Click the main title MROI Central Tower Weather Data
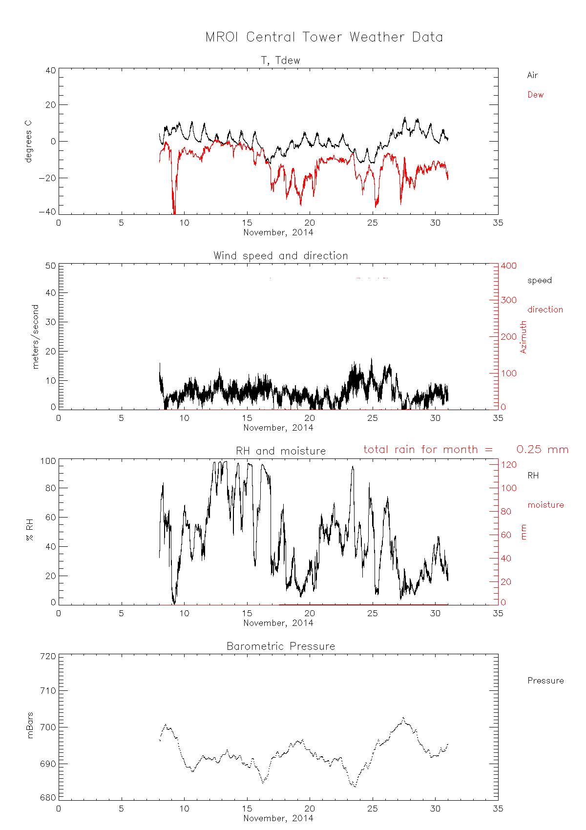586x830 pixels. coord(324,38)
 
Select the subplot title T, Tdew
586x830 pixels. coord(280,61)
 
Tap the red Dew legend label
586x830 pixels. coord(535,95)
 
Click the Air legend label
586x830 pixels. coord(532,75)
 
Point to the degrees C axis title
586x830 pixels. coord(28,140)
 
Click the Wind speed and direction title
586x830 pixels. coord(280,256)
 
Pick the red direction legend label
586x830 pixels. coord(545,310)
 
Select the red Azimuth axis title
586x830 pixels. coord(523,337)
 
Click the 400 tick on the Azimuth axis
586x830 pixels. coord(508,266)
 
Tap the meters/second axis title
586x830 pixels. coord(35,336)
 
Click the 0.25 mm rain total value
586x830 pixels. coord(543,450)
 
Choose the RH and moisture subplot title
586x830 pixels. coord(280,451)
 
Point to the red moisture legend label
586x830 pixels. coord(545,505)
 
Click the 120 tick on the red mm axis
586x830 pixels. coord(509,464)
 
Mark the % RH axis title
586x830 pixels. coord(30,531)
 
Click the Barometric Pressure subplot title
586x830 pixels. coord(281,646)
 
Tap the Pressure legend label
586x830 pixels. coord(545,681)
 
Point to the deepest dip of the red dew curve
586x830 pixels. coord(174,212)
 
